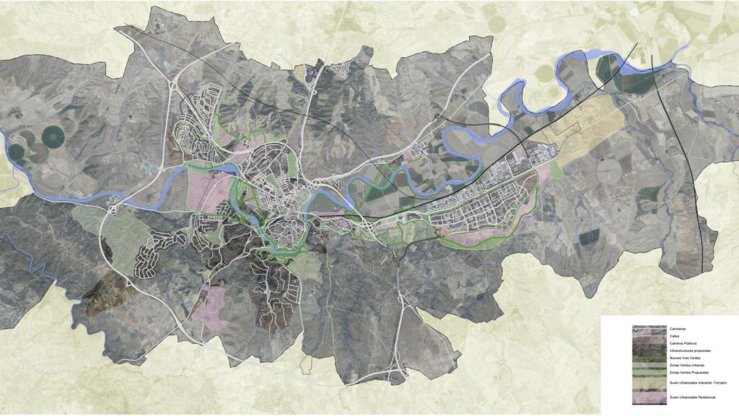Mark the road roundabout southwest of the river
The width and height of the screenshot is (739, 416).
point(114,210)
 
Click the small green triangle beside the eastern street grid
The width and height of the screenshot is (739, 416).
point(556,170)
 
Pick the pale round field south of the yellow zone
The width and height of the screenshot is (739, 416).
point(611,174)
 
